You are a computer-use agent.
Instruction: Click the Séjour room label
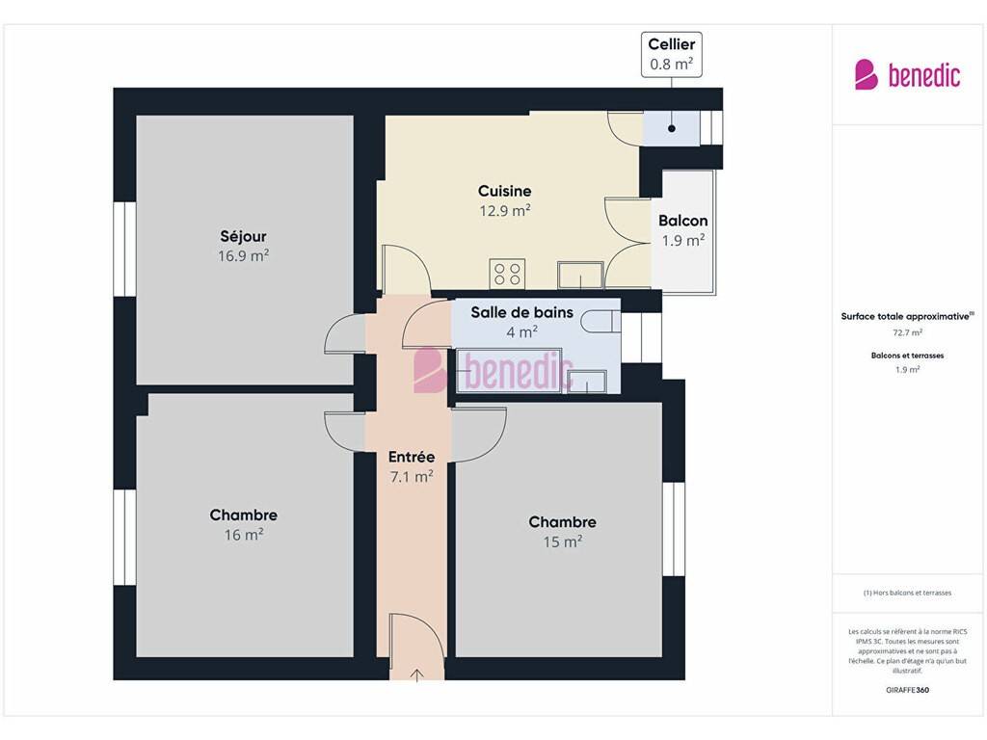[x=243, y=236]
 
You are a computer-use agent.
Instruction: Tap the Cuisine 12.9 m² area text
[x=504, y=211]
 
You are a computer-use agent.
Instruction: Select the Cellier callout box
[x=672, y=55]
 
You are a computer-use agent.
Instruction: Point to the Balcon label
[x=683, y=221]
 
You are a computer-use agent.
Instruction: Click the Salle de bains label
[x=521, y=312]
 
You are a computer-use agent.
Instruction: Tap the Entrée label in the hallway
[x=411, y=457]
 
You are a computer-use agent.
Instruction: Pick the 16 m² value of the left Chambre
[x=244, y=535]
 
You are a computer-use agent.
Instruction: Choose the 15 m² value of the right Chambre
[x=563, y=542]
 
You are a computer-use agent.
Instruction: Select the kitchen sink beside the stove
[x=580, y=276]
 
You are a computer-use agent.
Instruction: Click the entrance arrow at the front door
[x=416, y=675]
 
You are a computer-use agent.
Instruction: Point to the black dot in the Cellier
[x=672, y=128]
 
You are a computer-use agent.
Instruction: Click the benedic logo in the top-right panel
[x=907, y=75]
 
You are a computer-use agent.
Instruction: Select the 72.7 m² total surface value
[x=908, y=332]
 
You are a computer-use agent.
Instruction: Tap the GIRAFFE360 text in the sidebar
[x=908, y=690]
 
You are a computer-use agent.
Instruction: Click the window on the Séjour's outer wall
[x=125, y=250]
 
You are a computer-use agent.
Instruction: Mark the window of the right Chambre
[x=674, y=529]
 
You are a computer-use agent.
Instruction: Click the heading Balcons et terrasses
[x=908, y=356]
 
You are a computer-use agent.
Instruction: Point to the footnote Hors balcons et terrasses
[x=908, y=593]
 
